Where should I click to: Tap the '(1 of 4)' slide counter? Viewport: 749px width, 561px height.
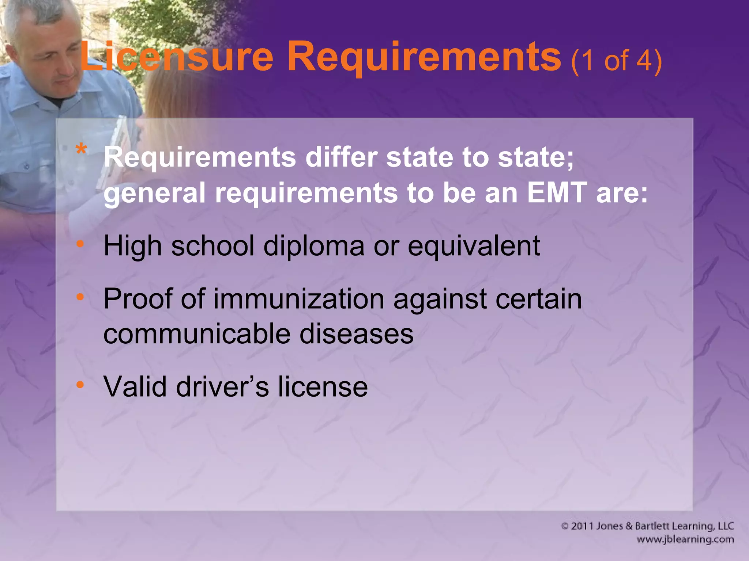pyautogui.click(x=616, y=61)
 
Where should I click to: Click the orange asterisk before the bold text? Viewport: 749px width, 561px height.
pyautogui.click(x=81, y=150)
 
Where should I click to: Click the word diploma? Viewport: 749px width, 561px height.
pyautogui.click(x=314, y=246)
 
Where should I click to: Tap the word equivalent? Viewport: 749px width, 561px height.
pyautogui.click(x=474, y=246)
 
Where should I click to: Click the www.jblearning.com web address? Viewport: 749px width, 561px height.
pyautogui.click(x=685, y=539)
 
